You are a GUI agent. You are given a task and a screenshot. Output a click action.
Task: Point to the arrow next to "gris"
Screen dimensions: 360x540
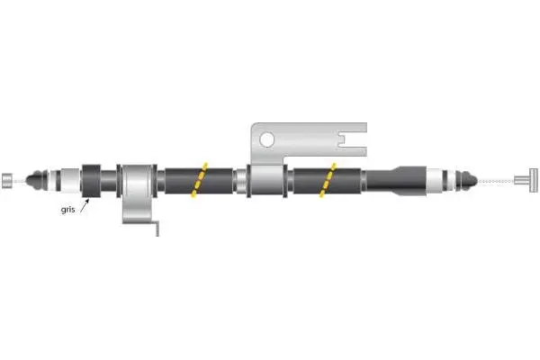click(84, 205)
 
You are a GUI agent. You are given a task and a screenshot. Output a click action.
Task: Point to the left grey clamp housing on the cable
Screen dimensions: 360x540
click(138, 184)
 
